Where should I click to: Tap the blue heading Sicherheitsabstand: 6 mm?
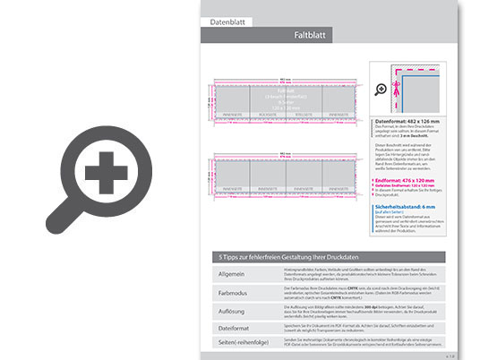(408, 205)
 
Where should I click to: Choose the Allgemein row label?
(232, 272)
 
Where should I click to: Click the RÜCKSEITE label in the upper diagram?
(269, 115)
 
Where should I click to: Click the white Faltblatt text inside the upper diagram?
(286, 90)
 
